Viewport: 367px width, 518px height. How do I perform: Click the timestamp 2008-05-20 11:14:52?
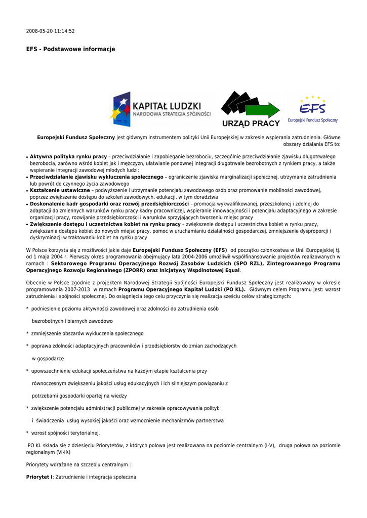tap(50, 31)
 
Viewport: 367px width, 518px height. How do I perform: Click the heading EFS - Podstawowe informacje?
tap(70, 49)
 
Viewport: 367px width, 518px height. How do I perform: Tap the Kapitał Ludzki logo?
tap(161, 109)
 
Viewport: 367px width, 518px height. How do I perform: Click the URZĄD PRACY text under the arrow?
tap(251, 123)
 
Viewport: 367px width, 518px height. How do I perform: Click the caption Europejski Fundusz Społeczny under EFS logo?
tap(312, 120)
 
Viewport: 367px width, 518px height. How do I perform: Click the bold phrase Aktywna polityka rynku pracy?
tap(68, 157)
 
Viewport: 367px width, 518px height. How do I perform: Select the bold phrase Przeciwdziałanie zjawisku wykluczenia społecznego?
tap(96, 177)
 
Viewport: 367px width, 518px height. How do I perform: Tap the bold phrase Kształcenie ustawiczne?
tap(60, 190)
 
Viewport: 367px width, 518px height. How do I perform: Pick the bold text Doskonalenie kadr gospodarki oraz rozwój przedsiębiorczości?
tap(109, 204)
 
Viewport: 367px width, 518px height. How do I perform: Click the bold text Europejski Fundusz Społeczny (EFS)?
tap(180, 250)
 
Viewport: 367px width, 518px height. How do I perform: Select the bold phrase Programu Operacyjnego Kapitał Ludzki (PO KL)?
tap(182, 289)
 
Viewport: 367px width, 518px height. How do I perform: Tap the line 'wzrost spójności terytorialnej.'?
tap(66, 433)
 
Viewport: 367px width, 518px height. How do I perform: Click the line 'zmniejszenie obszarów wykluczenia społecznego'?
tap(87, 333)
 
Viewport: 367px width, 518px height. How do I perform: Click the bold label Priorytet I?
tap(39, 477)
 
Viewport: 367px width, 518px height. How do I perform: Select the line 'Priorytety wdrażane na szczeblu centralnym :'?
tap(78, 464)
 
